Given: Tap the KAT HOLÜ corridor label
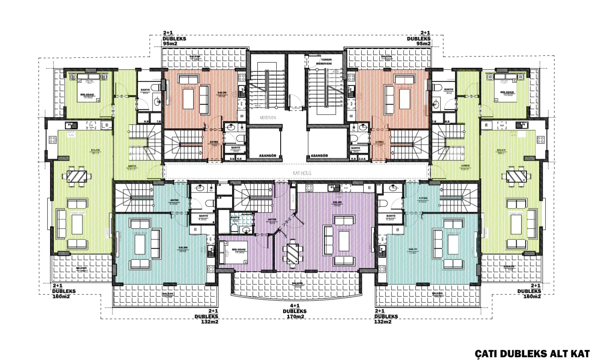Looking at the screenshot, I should point(302,173).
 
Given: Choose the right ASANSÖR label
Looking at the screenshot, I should point(319,155).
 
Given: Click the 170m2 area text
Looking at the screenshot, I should point(294,317).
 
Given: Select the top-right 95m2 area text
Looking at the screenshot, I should point(423,44).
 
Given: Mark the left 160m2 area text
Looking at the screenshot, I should point(61,297).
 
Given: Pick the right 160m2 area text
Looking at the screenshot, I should point(532,297).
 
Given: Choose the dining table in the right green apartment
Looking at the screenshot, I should point(517,176).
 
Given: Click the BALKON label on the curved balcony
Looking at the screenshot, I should point(297,283).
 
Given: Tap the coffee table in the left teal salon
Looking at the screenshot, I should point(140,244).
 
